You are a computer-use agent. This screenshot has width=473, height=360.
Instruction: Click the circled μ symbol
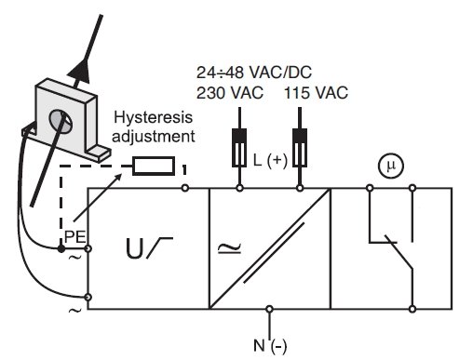[391, 166]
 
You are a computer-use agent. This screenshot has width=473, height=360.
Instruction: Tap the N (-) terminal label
[270, 346]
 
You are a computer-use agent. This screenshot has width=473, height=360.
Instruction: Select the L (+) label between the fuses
[270, 160]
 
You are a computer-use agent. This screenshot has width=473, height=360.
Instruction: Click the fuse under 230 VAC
[239, 148]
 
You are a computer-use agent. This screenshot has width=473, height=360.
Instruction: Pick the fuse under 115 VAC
[300, 148]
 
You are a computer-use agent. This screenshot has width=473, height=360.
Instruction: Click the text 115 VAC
[316, 93]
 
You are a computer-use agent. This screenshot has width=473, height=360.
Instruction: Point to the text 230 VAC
[230, 93]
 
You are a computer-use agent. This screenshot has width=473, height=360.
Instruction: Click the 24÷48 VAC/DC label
[254, 73]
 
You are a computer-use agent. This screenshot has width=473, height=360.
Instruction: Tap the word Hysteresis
[154, 118]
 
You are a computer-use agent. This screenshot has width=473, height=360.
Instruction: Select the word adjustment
[154, 136]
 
